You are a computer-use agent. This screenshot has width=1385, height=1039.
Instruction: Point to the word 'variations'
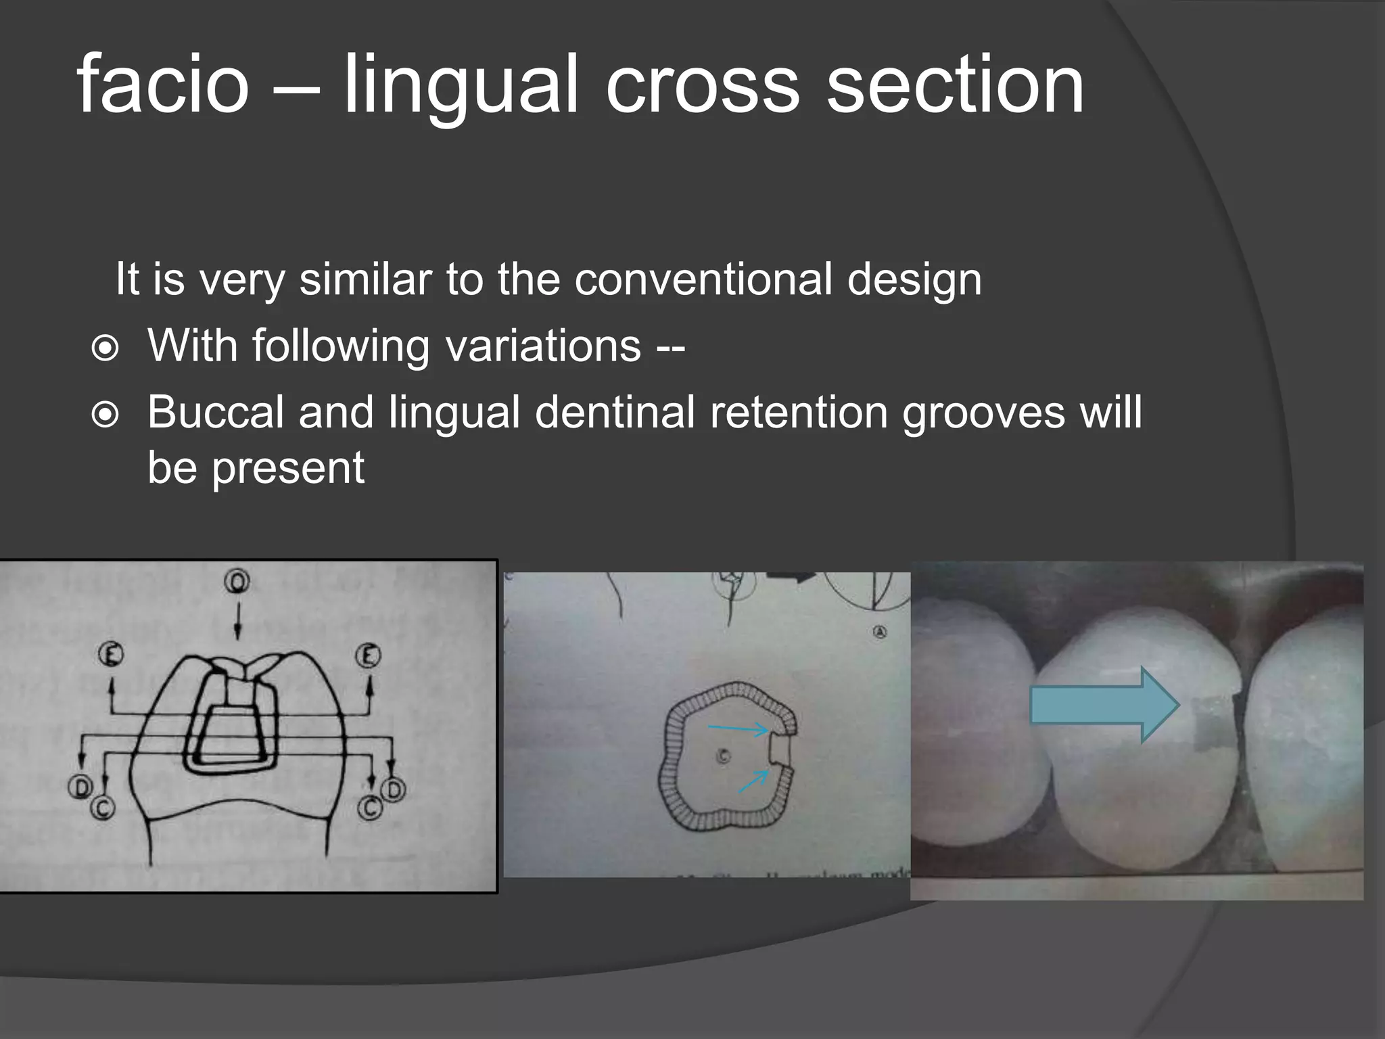543,345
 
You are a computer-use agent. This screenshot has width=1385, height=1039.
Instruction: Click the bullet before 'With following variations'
105,348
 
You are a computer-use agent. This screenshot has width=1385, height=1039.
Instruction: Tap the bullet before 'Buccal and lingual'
105,415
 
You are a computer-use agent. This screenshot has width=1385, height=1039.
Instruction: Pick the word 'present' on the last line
288,467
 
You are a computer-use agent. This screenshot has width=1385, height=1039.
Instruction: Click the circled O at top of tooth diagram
237,581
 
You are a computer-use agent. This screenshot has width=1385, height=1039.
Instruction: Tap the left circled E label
111,655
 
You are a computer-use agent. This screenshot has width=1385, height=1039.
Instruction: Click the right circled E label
369,655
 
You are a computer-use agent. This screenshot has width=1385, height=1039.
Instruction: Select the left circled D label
80,787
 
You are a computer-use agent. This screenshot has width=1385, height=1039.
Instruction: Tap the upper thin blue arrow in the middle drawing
738,729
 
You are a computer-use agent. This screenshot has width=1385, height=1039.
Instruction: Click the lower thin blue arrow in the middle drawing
753,781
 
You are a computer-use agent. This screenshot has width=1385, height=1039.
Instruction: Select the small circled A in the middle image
880,632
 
